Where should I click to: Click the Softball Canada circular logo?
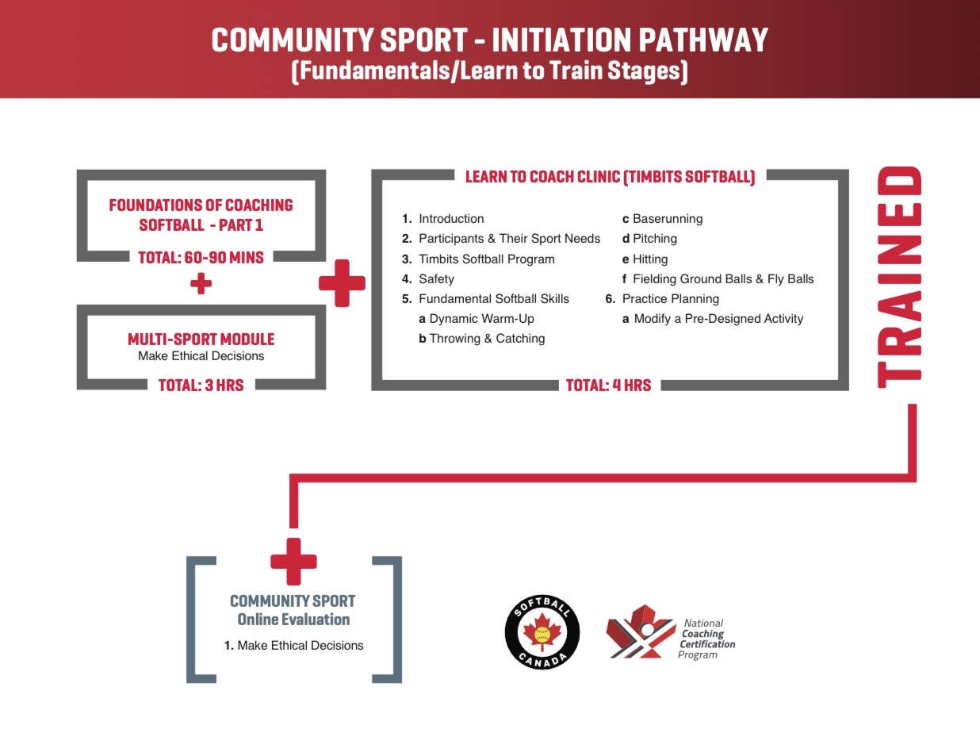tap(542, 632)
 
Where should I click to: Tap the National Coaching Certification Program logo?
tap(671, 632)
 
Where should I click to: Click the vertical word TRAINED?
tap(899, 277)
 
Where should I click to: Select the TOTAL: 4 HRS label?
tap(608, 386)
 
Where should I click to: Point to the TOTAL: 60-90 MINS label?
tap(201, 258)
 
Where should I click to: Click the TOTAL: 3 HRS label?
tap(201, 386)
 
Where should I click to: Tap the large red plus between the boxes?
tap(342, 283)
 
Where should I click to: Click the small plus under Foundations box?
tap(201, 283)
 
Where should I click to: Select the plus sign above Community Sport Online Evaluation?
tap(293, 562)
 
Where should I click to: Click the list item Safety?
tap(436, 278)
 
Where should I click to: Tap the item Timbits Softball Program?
tap(487, 259)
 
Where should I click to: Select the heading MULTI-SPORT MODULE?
tap(201, 340)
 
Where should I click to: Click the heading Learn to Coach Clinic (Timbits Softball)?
tap(611, 177)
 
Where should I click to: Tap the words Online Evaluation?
tap(293, 620)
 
